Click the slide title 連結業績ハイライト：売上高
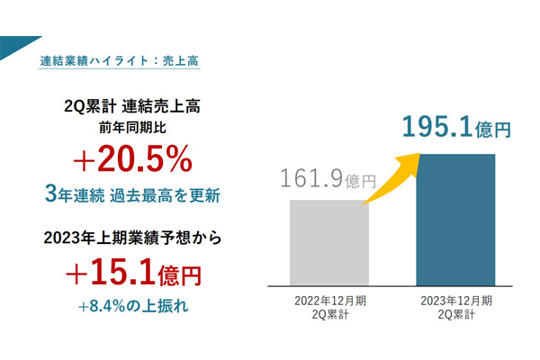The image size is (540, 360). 120,63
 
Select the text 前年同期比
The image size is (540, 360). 132,128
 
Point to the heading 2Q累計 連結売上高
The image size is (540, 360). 132,107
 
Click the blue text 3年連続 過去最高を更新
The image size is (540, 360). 133,194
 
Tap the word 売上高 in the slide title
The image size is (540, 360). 183,63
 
